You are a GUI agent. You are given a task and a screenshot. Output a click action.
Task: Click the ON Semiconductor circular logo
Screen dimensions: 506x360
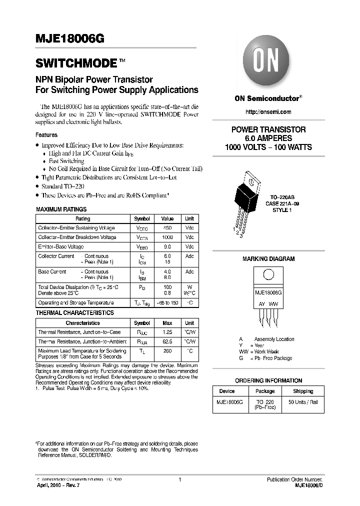268,62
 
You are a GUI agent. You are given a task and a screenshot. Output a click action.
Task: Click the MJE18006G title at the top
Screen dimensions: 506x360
69,42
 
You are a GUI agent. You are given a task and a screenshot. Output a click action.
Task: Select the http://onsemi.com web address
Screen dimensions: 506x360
268,112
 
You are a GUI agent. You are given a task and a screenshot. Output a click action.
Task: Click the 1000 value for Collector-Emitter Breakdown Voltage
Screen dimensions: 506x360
167,237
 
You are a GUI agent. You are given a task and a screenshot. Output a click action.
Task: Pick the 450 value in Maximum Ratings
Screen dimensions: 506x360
167,228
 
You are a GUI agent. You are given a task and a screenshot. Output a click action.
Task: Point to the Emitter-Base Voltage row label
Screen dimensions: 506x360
61,247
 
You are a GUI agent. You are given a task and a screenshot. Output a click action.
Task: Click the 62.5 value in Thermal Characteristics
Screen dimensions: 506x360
167,341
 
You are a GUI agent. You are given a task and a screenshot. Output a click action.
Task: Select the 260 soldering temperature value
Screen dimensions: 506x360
167,351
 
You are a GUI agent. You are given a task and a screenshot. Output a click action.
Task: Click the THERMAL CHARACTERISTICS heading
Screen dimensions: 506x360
75,313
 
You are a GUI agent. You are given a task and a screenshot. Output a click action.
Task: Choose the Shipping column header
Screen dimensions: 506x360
303,391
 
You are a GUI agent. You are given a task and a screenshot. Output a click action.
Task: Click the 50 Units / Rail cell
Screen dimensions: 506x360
303,402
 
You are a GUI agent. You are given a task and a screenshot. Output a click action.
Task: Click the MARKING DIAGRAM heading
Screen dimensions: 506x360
268,259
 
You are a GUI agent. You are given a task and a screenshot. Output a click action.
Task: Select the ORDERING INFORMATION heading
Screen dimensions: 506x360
268,380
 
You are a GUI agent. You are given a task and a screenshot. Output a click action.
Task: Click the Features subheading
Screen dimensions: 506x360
46,135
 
